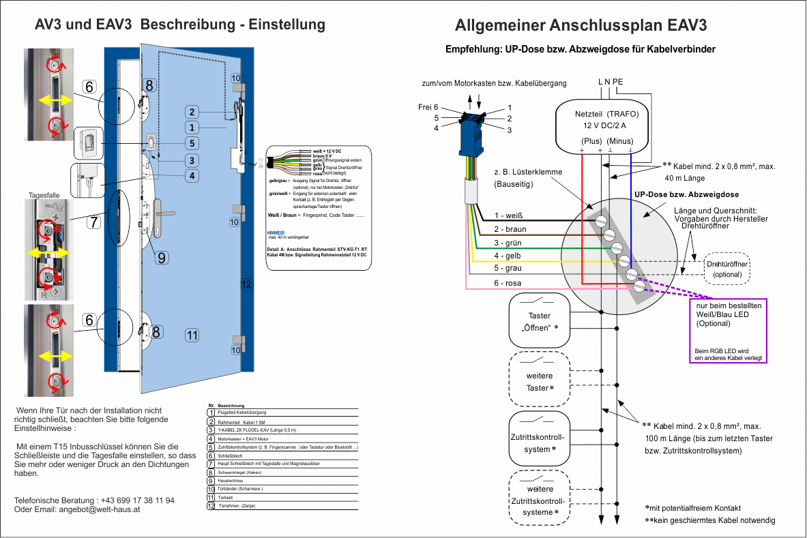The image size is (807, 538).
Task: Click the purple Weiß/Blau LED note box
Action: (729, 331)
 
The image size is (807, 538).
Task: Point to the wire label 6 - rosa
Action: (508, 283)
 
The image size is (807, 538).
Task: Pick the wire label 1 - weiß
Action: (508, 216)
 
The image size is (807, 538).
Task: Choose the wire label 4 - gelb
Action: (508, 256)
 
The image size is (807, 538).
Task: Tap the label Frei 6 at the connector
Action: (428, 107)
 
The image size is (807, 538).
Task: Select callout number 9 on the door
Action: (161, 258)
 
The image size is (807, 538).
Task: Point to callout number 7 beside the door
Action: (93, 222)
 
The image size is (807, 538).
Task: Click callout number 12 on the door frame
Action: (246, 284)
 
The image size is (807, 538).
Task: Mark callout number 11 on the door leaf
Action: (192, 335)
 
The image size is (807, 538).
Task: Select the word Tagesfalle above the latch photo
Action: (44, 196)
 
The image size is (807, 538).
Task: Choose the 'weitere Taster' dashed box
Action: (539, 382)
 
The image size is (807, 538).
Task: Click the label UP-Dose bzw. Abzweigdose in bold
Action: (686, 195)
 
